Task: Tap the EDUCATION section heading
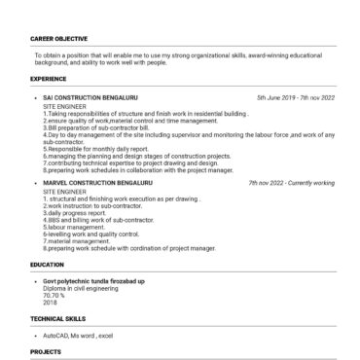pyautogui.click(x=47, y=264)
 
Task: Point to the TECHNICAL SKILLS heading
pyautogui.click(x=57, y=317)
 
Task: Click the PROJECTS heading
pyautogui.click(x=46, y=351)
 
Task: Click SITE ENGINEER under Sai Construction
pyautogui.click(x=64, y=106)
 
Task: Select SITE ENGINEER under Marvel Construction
pyautogui.click(x=64, y=190)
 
